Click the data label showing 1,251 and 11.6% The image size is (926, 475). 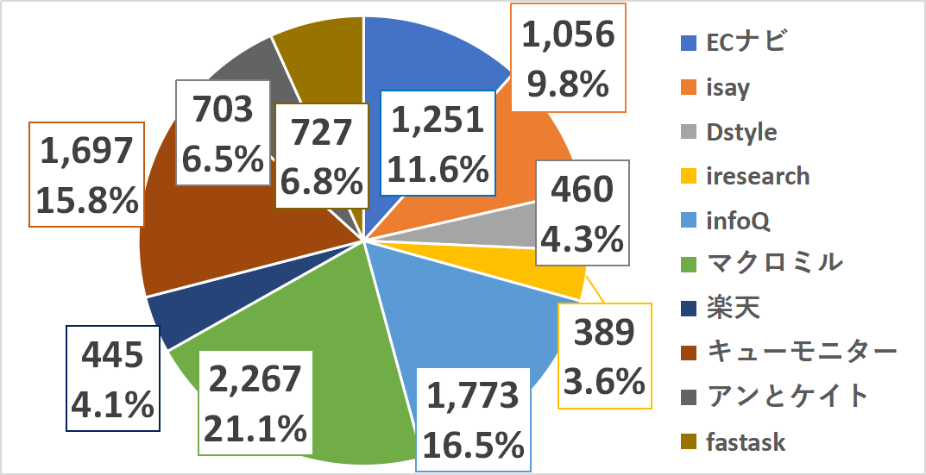(x=438, y=144)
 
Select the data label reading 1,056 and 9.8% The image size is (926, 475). (x=569, y=58)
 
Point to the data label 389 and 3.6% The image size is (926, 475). (x=604, y=354)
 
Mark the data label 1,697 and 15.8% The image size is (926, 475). (x=86, y=175)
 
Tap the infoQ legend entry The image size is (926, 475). (x=737, y=221)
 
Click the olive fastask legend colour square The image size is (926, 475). (x=689, y=442)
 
